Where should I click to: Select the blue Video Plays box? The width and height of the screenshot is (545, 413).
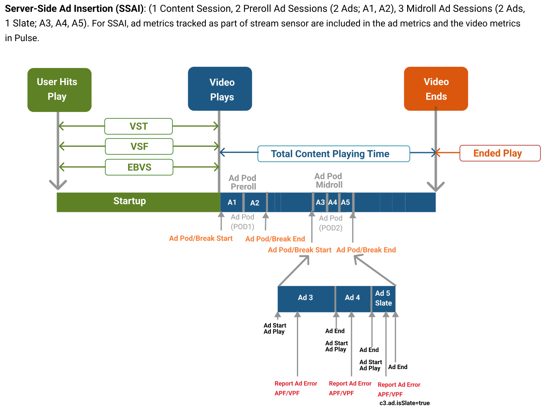tap(220, 89)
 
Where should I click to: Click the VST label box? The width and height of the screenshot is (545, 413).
tap(138, 126)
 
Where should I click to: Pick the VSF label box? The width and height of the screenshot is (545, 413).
tap(139, 146)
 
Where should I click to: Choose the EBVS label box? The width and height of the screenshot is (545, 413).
tap(139, 167)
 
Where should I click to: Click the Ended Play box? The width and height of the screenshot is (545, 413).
tap(499, 153)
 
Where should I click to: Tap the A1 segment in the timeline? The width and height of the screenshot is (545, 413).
tap(232, 202)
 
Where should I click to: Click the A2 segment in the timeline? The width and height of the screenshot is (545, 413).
tap(255, 203)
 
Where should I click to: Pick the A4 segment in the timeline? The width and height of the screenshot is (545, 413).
tap(333, 202)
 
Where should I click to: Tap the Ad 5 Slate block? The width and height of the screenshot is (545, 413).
tap(383, 298)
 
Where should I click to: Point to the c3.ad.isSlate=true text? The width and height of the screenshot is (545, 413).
tap(404, 403)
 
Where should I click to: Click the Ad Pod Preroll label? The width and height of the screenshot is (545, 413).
tap(243, 182)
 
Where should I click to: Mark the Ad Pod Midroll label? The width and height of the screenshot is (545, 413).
tap(329, 180)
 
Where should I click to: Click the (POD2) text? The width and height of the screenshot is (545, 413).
tap(331, 228)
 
